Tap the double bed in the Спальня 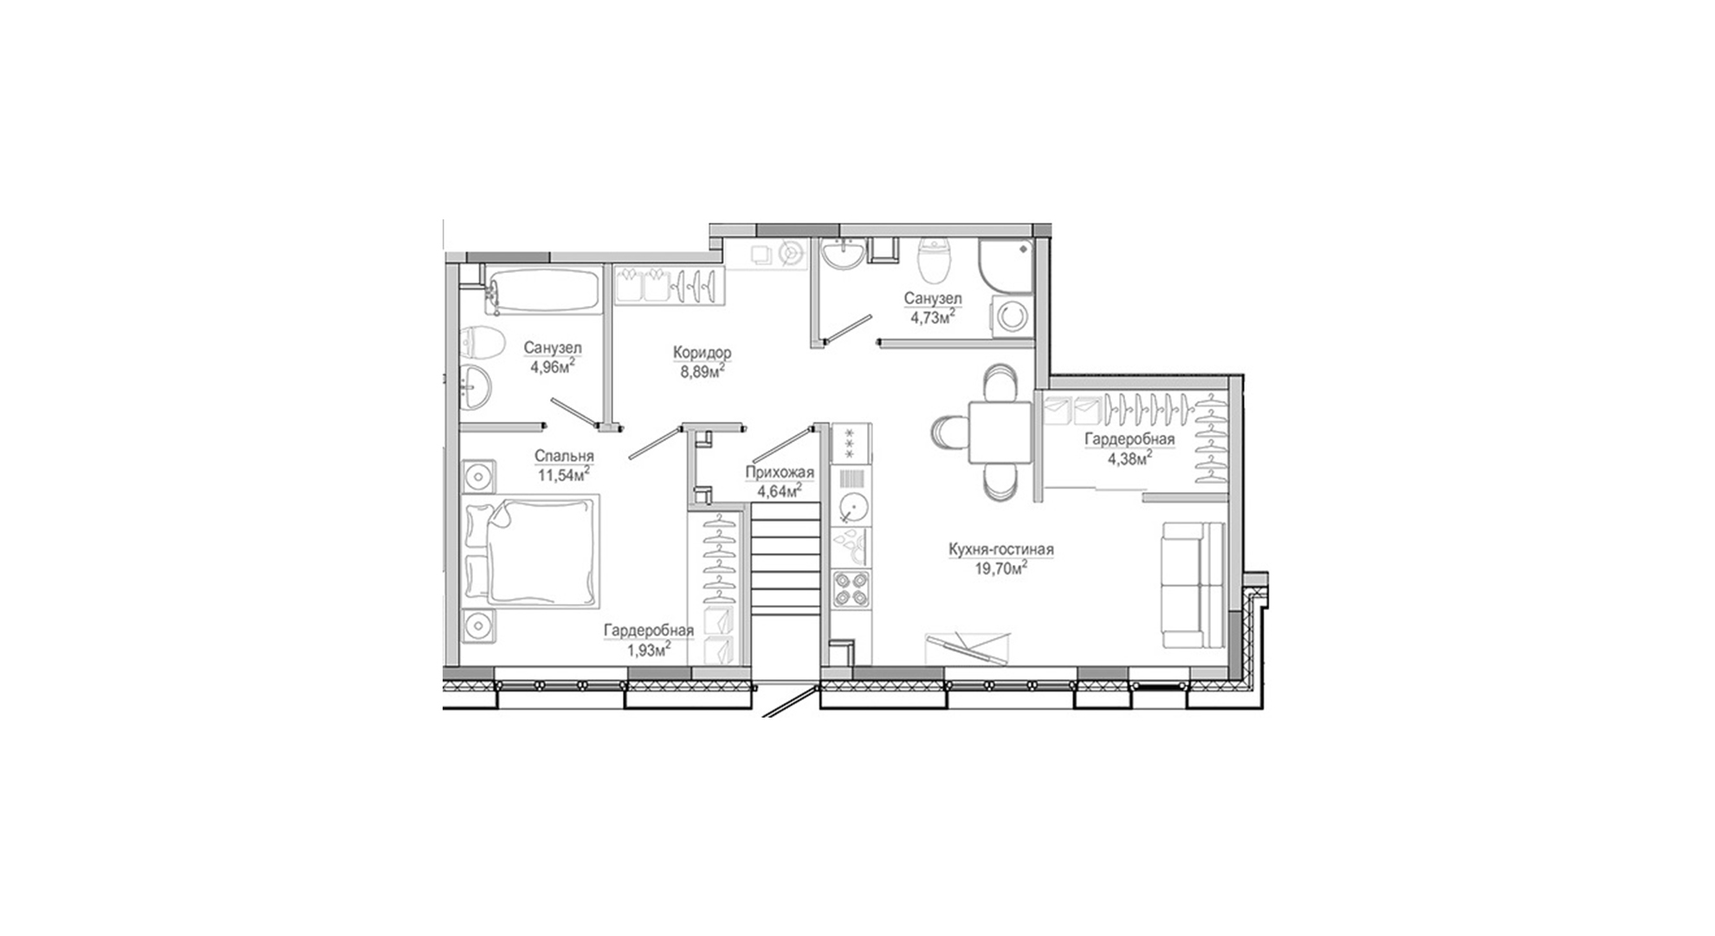(531, 550)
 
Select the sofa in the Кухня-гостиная (1193, 585)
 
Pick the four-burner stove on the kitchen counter (852, 589)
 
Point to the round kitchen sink (852, 504)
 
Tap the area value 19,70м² (1001, 569)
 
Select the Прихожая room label (780, 472)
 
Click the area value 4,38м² (1129, 458)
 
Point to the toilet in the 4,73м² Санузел (935, 261)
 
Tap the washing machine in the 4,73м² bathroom (1012, 314)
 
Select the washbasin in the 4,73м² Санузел (842, 255)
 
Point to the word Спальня (564, 457)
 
